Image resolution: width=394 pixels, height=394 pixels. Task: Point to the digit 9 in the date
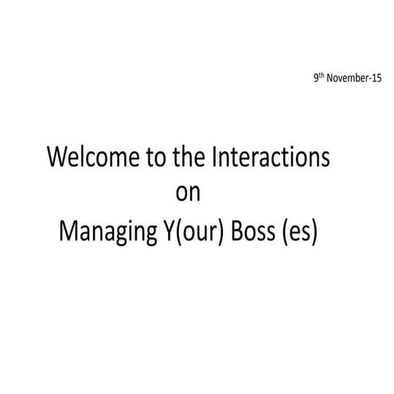click(x=316, y=80)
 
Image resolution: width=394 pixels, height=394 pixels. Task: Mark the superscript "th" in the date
click(x=322, y=78)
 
